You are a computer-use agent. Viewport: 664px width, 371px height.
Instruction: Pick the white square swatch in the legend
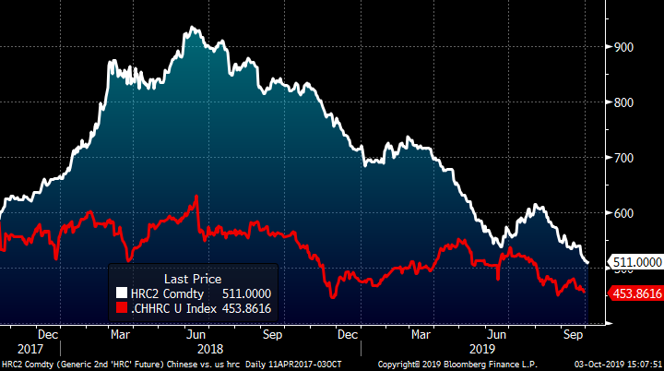(x=120, y=293)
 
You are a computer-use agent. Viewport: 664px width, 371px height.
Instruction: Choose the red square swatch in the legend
(x=120, y=309)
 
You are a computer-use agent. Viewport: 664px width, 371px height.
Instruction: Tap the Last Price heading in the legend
(x=193, y=278)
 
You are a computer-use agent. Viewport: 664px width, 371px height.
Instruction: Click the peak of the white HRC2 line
(x=193, y=29)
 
